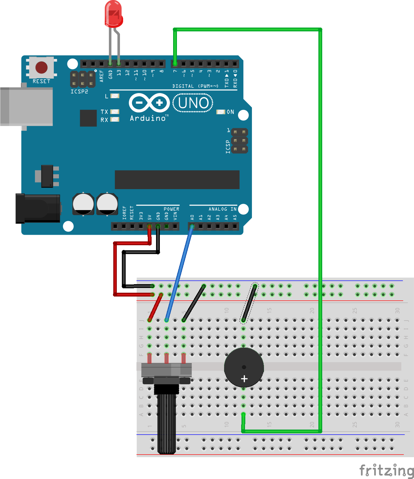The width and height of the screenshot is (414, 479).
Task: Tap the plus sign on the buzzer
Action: pyautogui.click(x=244, y=379)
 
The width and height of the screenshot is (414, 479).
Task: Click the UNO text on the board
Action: pyautogui.click(x=193, y=103)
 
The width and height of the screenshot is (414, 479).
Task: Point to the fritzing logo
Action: pyautogui.click(x=386, y=470)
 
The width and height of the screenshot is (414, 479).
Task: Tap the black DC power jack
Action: pyautogui.click(x=38, y=208)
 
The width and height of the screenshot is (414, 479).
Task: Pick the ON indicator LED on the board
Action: pyautogui.click(x=221, y=112)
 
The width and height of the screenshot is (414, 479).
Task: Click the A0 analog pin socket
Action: pyautogui.click(x=192, y=226)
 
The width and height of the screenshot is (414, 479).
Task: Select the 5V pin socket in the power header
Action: pyautogui.click(x=149, y=226)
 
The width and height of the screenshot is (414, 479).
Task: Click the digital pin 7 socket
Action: pyautogui.click(x=175, y=64)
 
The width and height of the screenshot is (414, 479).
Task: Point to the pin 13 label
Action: pyautogui.click(x=119, y=73)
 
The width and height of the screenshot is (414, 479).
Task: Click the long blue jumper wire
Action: pyautogui.click(x=179, y=273)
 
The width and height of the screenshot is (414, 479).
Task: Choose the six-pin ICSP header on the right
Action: pyautogui.click(x=239, y=141)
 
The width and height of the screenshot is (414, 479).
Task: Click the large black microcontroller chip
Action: pyautogui.click(x=177, y=180)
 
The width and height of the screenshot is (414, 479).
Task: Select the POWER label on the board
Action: pyautogui.click(x=171, y=209)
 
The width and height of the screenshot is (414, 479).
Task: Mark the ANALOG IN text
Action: pyautogui.click(x=223, y=209)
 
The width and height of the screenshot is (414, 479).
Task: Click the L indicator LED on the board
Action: pyautogui.click(x=115, y=96)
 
